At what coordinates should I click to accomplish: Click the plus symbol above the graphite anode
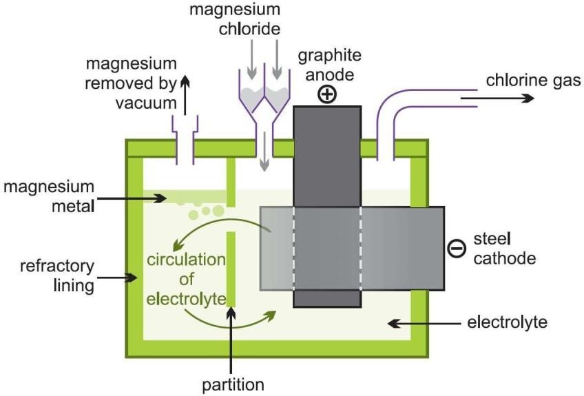coord(328,94)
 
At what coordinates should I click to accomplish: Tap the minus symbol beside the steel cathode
coord(456,249)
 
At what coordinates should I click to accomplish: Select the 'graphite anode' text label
coord(327,63)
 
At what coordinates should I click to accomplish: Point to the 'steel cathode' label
coord(505,249)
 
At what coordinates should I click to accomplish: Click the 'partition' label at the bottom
coord(233,384)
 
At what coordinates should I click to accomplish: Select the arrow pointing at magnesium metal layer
coord(145,198)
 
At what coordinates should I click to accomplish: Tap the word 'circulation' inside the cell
coord(186,261)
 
